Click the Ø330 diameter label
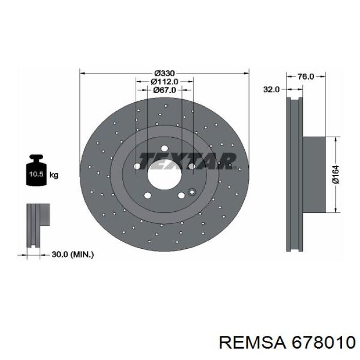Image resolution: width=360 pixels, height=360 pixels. pyautogui.click(x=164, y=73)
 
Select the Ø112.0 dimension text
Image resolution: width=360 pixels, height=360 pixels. pyautogui.click(x=165, y=81)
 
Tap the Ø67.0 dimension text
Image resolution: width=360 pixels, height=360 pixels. pyautogui.click(x=165, y=89)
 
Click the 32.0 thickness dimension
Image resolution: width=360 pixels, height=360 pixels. pyautogui.click(x=271, y=89)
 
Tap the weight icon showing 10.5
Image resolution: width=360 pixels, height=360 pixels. pyautogui.click(x=36, y=172)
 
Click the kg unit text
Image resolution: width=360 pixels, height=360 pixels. pyautogui.click(x=53, y=175)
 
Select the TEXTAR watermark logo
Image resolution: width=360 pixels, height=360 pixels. pyautogui.click(x=188, y=160)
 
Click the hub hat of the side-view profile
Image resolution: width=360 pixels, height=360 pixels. pyautogui.click(x=315, y=175)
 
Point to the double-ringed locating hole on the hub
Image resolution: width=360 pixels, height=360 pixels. pyautogui.click(x=192, y=192)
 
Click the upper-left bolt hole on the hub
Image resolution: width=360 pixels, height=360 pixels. pyautogui.click(x=137, y=166)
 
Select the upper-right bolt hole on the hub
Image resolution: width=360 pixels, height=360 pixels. pyautogui.click(x=191, y=166)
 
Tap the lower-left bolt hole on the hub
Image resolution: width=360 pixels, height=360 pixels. pyautogui.click(x=147, y=195)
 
